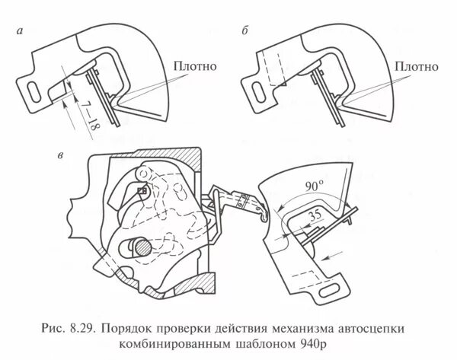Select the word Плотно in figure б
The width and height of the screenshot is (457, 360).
tap(418, 66)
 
